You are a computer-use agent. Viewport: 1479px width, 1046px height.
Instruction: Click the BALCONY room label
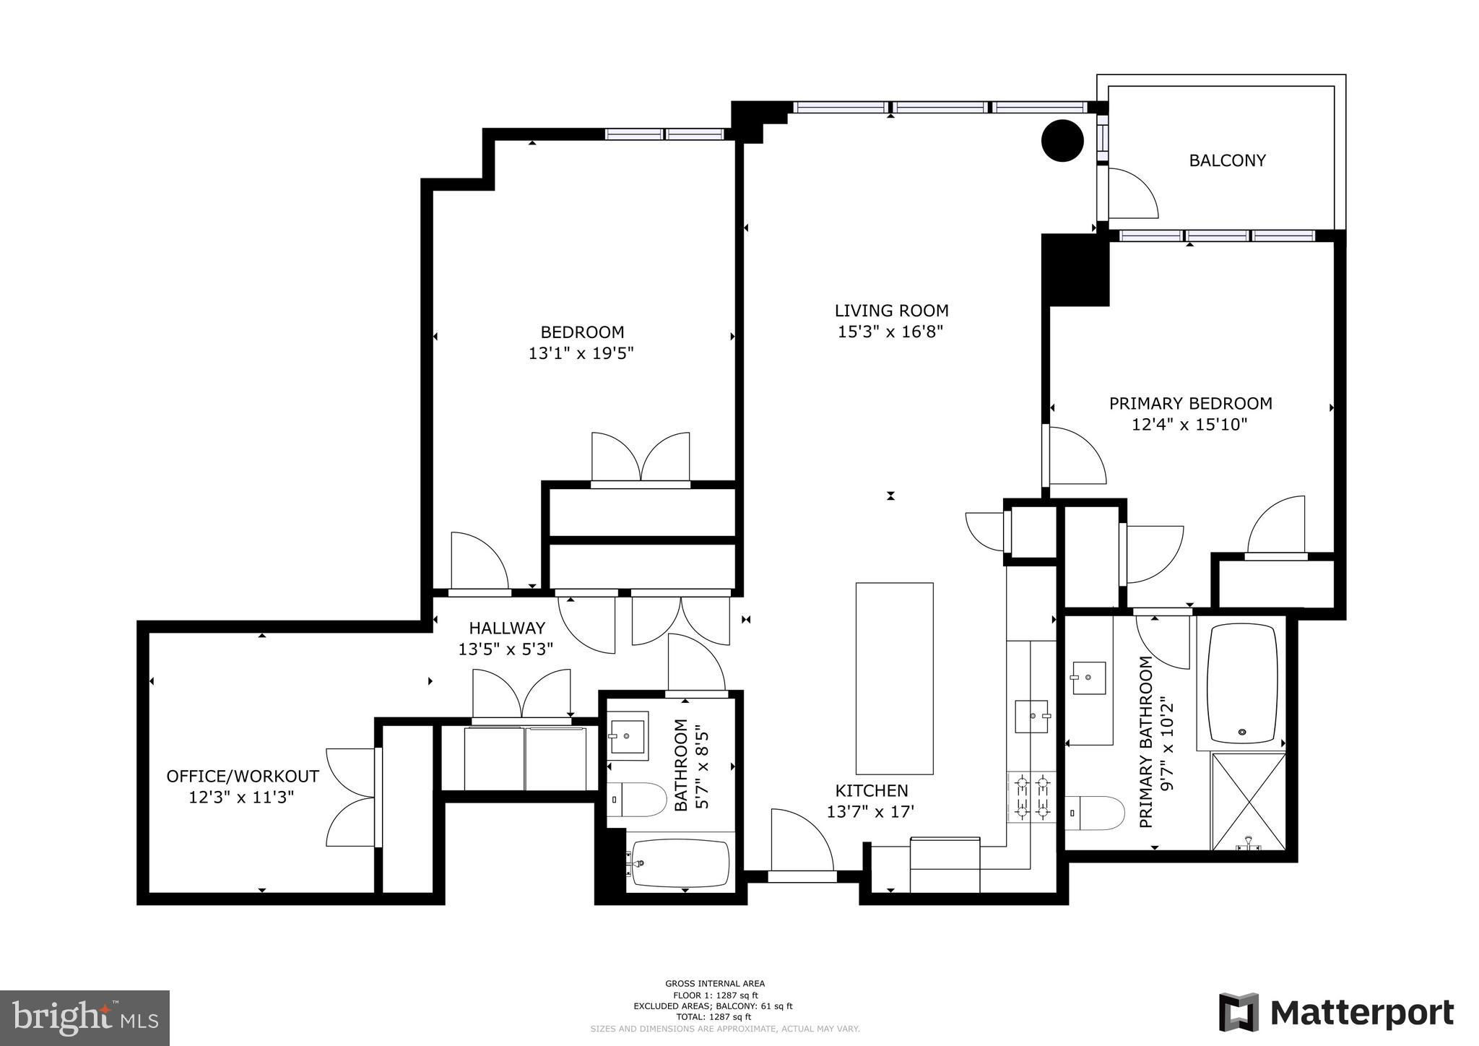(x=1227, y=160)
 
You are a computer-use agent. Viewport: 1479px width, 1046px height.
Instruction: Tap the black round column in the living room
(x=1062, y=140)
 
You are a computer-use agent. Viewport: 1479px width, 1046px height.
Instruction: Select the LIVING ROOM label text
(x=891, y=311)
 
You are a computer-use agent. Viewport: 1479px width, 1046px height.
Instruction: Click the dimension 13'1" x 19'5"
(x=581, y=353)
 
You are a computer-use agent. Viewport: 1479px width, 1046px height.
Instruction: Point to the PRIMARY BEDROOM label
(x=1190, y=403)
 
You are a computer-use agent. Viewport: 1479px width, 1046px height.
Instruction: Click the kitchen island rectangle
(x=894, y=678)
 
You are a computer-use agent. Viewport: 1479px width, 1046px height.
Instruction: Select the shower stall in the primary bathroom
(x=1249, y=801)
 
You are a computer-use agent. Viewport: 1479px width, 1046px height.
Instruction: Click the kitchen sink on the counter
(x=1032, y=716)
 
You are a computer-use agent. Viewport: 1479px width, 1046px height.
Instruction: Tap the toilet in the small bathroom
(x=636, y=799)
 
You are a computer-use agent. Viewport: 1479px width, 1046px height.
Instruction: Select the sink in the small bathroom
(x=628, y=735)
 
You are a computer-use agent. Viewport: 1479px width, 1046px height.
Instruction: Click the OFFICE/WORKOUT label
(x=243, y=777)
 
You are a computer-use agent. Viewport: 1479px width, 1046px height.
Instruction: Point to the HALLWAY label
(x=507, y=628)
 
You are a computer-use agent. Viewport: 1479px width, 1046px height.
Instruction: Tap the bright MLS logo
(x=85, y=1018)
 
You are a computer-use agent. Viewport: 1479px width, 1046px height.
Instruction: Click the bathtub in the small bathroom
(x=680, y=863)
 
